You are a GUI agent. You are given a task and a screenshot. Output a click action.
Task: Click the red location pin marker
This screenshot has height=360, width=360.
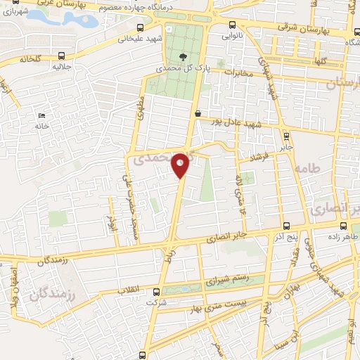[x=181, y=165]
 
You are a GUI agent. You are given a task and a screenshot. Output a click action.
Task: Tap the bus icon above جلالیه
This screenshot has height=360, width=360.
[x=62, y=56]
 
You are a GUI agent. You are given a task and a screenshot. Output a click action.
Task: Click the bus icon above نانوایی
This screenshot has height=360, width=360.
[x=226, y=21]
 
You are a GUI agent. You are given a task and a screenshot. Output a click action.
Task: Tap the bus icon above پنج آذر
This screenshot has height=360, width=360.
[x=285, y=226]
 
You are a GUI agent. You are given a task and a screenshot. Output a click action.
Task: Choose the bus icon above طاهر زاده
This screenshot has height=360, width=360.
[x=343, y=226]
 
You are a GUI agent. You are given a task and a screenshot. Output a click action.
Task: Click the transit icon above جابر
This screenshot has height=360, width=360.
[x=286, y=136]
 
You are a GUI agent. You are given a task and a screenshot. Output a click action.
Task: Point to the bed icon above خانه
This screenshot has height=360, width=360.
[x=42, y=115]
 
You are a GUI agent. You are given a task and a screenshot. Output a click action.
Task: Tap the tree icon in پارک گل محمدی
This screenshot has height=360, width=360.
[x=184, y=57]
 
